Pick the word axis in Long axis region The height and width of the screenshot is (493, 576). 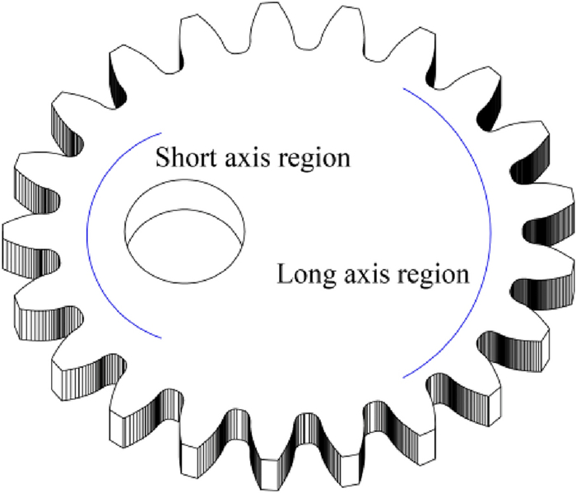367,273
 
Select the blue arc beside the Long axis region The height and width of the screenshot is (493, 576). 490,239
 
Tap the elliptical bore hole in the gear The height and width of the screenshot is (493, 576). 184,230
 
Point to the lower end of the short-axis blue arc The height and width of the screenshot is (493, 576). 162,336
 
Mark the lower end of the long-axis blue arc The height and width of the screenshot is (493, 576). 403,377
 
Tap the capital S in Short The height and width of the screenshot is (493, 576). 163,156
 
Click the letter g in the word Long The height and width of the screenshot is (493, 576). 325,278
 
